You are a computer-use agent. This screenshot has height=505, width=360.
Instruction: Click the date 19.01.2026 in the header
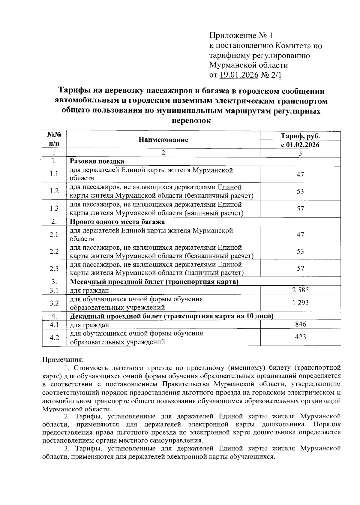(239, 75)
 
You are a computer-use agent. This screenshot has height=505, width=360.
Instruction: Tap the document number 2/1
(277, 75)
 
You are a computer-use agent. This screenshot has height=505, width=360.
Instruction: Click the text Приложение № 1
(241, 36)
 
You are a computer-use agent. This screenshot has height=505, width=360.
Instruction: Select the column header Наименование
(163, 140)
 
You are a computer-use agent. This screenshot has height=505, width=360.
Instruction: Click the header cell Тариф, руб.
(300, 136)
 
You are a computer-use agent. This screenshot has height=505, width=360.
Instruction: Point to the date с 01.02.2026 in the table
(300, 145)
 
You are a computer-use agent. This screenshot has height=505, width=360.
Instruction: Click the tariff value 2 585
(300, 290)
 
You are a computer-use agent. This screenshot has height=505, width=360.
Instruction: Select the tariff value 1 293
(300, 303)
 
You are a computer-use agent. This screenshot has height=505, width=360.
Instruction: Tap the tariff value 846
(300, 324)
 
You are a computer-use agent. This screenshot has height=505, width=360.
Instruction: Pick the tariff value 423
(300, 337)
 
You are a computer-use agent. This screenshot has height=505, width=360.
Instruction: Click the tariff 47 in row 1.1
(300, 174)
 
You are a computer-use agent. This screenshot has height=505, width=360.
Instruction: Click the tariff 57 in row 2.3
(300, 268)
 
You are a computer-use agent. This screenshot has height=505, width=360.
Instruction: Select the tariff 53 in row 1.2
(300, 191)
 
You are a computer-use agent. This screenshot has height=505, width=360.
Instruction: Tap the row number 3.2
(54, 303)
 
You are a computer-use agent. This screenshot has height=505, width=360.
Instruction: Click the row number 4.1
(54, 325)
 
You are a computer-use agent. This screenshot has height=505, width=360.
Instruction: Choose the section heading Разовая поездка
(97, 161)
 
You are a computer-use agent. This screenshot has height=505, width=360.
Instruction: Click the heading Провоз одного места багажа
(117, 222)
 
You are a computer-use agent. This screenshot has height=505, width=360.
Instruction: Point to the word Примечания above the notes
(63, 359)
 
